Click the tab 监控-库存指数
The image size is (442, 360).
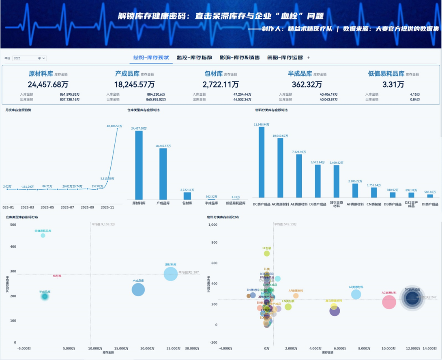[x=193, y=58]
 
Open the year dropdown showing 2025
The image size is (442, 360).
[x=29, y=58]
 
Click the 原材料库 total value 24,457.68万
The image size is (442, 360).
[x=48, y=84]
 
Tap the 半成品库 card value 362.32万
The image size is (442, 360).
[x=307, y=84]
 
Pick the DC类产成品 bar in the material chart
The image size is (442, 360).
[x=262, y=162]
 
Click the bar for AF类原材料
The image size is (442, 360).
[x=355, y=191]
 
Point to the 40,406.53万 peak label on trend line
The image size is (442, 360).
[x=114, y=126]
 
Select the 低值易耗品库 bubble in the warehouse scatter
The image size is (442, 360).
[x=43, y=236]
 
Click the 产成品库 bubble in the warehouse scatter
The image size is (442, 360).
[x=138, y=289]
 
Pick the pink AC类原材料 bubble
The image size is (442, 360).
[x=389, y=302]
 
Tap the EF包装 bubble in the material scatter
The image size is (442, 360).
[x=267, y=253]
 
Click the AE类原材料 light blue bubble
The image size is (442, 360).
[x=356, y=294]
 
